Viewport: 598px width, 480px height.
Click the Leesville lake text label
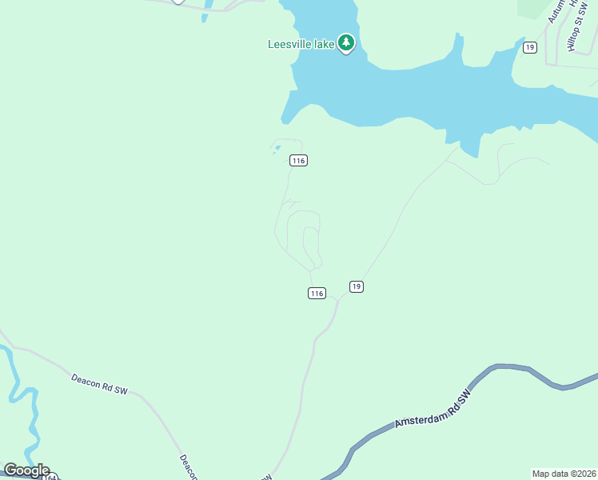pyautogui.click(x=301, y=44)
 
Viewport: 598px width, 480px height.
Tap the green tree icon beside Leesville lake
pyautogui.click(x=345, y=42)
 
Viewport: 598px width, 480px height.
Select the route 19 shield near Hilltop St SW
pyautogui.click(x=529, y=48)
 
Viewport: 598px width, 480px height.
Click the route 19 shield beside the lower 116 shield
pyautogui.click(x=357, y=286)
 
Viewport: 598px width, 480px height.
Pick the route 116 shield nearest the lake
pyautogui.click(x=298, y=161)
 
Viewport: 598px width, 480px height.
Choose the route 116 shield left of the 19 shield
pyautogui.click(x=317, y=294)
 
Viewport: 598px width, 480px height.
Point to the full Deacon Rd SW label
pyautogui.click(x=99, y=384)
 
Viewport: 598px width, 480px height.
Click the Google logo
pyautogui.click(x=26, y=470)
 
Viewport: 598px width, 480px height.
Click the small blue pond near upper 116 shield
pyautogui.click(x=277, y=147)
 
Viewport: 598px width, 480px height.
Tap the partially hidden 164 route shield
pyautogui.click(x=51, y=477)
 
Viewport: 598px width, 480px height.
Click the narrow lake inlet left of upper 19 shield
pyautogui.click(x=459, y=48)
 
